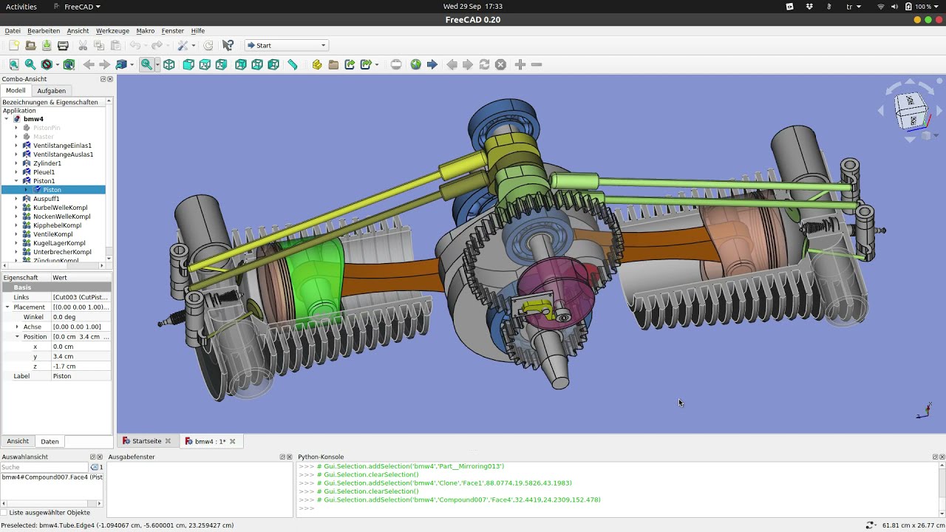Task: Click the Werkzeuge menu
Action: pyautogui.click(x=112, y=31)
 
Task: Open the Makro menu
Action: pyautogui.click(x=146, y=31)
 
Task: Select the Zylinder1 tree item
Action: pyautogui.click(x=47, y=163)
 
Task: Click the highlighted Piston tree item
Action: pyautogui.click(x=52, y=190)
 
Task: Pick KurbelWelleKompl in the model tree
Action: pyautogui.click(x=60, y=208)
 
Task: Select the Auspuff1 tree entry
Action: pyautogui.click(x=46, y=199)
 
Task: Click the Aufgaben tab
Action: pyautogui.click(x=51, y=91)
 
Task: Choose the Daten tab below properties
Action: pyautogui.click(x=50, y=442)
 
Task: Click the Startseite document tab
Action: pyautogui.click(x=146, y=441)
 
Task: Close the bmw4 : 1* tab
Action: pyautogui.click(x=232, y=441)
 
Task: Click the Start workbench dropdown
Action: pyautogui.click(x=286, y=46)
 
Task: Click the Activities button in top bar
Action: pyautogui.click(x=21, y=7)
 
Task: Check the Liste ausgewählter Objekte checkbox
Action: pyautogui.click(x=4, y=513)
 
